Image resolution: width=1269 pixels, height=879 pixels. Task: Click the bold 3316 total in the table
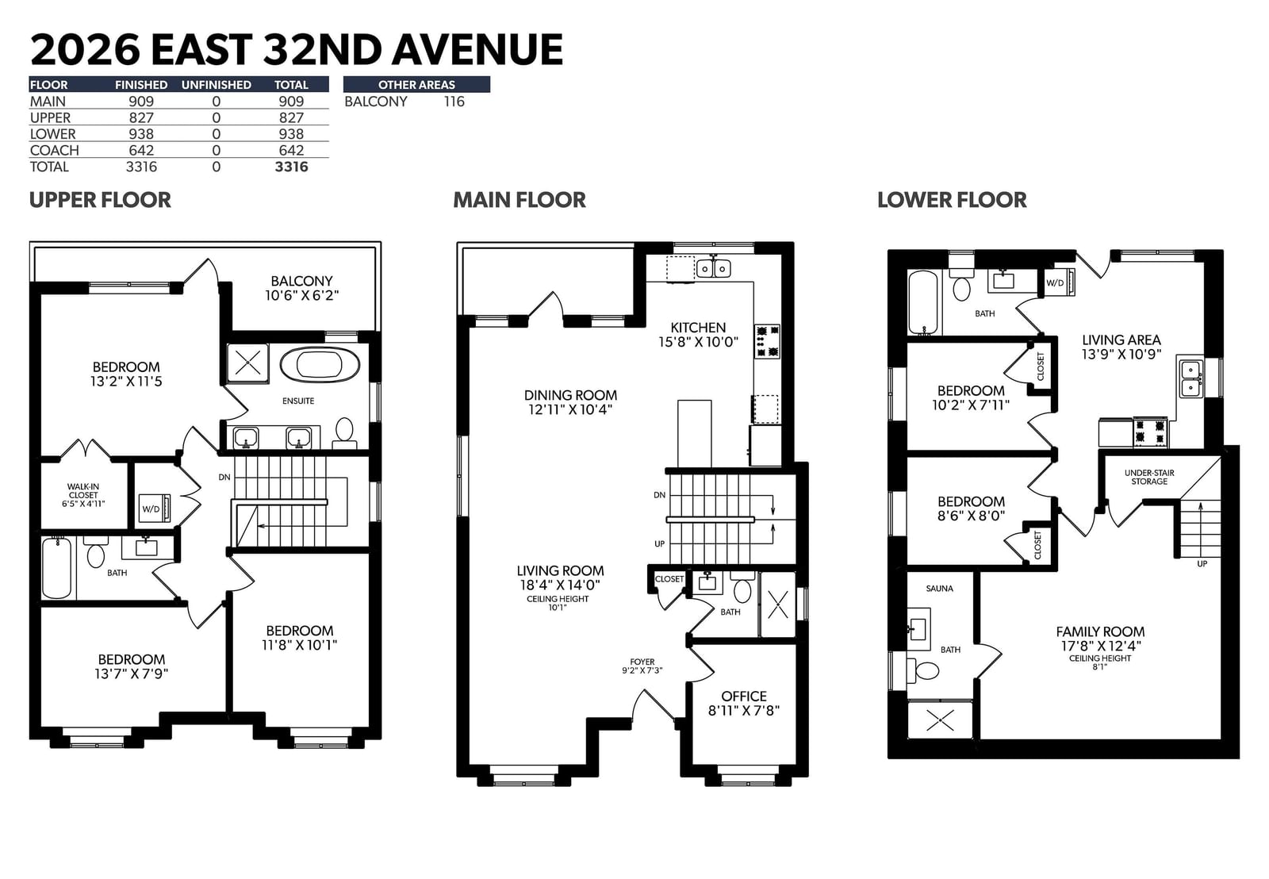pyautogui.click(x=291, y=167)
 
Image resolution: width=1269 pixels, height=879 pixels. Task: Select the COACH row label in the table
pyautogui.click(x=55, y=150)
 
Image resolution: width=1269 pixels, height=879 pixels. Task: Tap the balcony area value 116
pyautogui.click(x=454, y=102)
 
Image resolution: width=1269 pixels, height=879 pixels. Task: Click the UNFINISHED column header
pyautogui.click(x=217, y=84)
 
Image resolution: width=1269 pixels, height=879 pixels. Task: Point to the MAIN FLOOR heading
pyautogui.click(x=519, y=200)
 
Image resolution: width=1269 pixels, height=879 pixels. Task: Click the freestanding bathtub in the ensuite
pyautogui.click(x=320, y=364)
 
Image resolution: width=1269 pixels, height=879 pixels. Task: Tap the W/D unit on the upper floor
pyautogui.click(x=155, y=508)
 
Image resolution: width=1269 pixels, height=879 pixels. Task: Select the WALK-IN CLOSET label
pyautogui.click(x=83, y=495)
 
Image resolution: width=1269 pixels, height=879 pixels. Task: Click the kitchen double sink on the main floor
pyautogui.click(x=713, y=268)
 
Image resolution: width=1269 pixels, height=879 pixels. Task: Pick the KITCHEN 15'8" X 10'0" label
pyautogui.click(x=698, y=334)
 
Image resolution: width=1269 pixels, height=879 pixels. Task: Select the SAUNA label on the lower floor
pyautogui.click(x=939, y=589)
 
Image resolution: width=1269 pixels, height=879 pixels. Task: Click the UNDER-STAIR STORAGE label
pyautogui.click(x=1149, y=477)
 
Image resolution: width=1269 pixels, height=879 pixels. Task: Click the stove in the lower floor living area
pyautogui.click(x=1149, y=432)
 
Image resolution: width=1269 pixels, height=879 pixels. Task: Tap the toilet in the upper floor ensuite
pyautogui.click(x=344, y=432)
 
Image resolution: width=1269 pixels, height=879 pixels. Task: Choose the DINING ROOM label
pyautogui.click(x=570, y=401)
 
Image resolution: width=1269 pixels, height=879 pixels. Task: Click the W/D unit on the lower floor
pyautogui.click(x=1059, y=282)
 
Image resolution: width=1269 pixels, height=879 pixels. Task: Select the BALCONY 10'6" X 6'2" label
pyautogui.click(x=302, y=288)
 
